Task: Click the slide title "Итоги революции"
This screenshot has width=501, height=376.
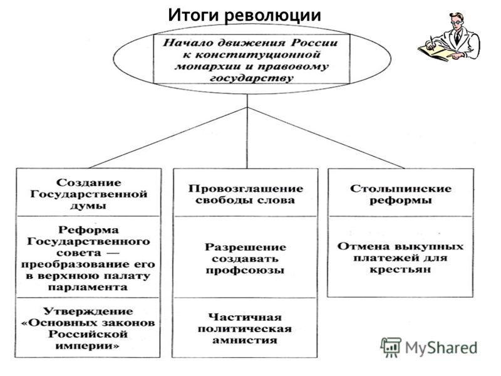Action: [x=244, y=14]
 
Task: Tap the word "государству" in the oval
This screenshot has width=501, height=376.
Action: [x=252, y=78]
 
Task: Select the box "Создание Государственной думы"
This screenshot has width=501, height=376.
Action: [x=88, y=192]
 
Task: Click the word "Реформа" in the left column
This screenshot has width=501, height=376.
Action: [x=88, y=229]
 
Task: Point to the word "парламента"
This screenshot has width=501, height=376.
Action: [x=88, y=287]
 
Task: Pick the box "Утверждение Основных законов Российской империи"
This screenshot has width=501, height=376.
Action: [x=88, y=328]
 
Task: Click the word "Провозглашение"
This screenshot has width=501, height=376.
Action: [x=245, y=189]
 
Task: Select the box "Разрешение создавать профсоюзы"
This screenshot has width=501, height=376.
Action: [x=245, y=258]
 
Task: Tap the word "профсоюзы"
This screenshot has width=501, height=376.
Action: [x=245, y=271]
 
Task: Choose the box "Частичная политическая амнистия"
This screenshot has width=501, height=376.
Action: [x=245, y=328]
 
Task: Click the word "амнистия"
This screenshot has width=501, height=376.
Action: [x=245, y=340]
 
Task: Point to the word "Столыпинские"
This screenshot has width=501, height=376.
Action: [x=401, y=189]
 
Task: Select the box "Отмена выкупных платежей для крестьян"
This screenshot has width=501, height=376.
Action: [x=400, y=256]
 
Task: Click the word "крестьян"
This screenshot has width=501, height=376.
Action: [x=400, y=269]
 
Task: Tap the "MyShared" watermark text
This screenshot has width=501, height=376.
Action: [x=442, y=348]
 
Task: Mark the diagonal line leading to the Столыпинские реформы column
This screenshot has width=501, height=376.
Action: [x=326, y=138]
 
